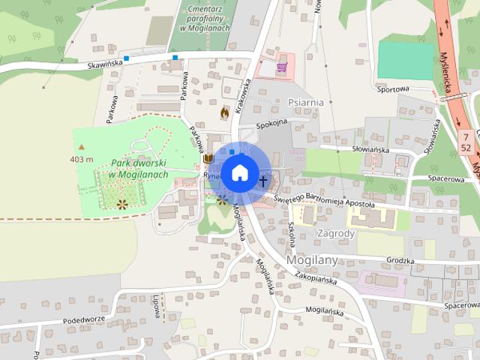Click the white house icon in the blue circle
(x=238, y=172)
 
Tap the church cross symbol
(x=263, y=181)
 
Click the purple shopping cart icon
(x=281, y=67)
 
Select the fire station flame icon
(x=224, y=112)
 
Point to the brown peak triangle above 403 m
(x=81, y=148)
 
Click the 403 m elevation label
(x=81, y=159)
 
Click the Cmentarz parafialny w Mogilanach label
(x=199, y=18)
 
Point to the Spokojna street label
(x=271, y=125)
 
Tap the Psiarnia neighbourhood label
(x=304, y=102)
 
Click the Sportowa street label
(x=394, y=88)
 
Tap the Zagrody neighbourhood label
(x=334, y=233)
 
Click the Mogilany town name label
(x=313, y=260)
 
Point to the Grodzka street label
(x=400, y=261)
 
